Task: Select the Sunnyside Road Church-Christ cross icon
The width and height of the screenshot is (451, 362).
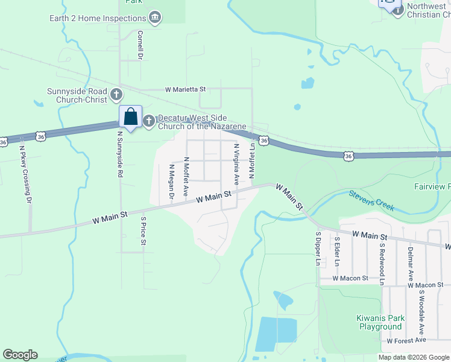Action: [x=116, y=95]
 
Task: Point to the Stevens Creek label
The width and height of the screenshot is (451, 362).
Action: [x=371, y=200]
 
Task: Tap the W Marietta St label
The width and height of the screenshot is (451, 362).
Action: [x=186, y=89]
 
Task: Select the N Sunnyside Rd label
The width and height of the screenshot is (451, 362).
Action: [x=121, y=155]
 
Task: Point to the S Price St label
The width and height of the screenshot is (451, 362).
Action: [x=143, y=232]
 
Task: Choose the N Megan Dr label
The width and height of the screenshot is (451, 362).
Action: [x=171, y=181]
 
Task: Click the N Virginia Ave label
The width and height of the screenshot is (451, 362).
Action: [x=236, y=164]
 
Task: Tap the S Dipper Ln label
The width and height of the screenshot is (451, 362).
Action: [x=318, y=248]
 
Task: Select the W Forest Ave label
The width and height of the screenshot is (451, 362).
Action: [x=406, y=341]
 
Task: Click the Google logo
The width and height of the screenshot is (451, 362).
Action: [x=20, y=355]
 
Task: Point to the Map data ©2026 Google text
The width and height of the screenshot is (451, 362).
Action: [x=414, y=357]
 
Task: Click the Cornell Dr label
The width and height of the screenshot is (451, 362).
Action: [x=140, y=45]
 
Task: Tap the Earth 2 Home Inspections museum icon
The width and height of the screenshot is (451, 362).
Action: [x=156, y=18]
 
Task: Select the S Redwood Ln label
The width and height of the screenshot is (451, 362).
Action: [x=382, y=264]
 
